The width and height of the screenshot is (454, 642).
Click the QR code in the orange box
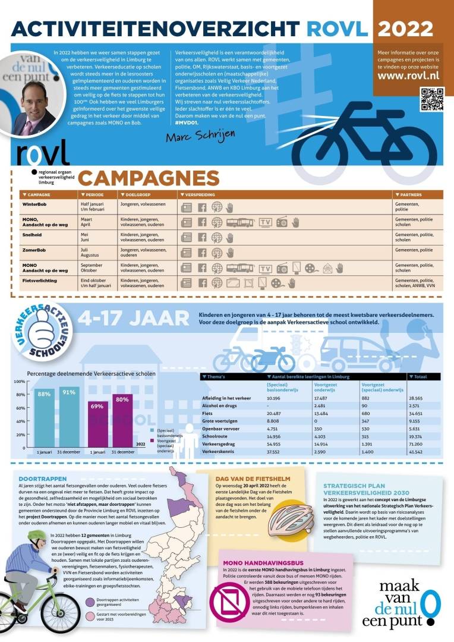point(431,99)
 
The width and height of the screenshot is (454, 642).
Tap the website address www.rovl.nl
point(408,75)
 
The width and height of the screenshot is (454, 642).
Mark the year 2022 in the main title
point(406,29)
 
